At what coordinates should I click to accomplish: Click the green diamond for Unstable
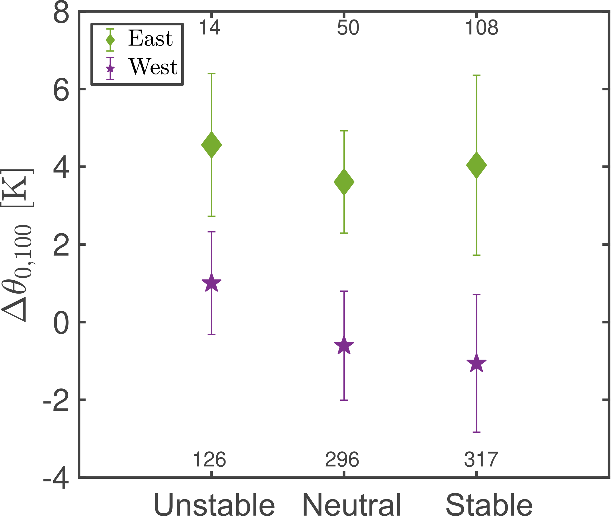tap(211, 145)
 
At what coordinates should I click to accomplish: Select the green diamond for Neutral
tap(344, 182)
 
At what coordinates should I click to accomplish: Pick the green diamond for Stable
tap(476, 165)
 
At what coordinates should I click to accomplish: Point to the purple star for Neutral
tap(344, 345)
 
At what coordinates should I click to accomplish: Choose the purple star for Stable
tap(476, 363)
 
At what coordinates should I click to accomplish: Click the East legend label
tap(150, 38)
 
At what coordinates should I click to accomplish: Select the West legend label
tap(153, 67)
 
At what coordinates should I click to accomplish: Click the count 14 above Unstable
tap(209, 28)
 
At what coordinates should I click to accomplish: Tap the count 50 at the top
tap(348, 28)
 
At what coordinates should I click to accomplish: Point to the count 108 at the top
tap(482, 28)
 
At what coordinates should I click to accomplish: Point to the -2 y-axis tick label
tap(56, 400)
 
